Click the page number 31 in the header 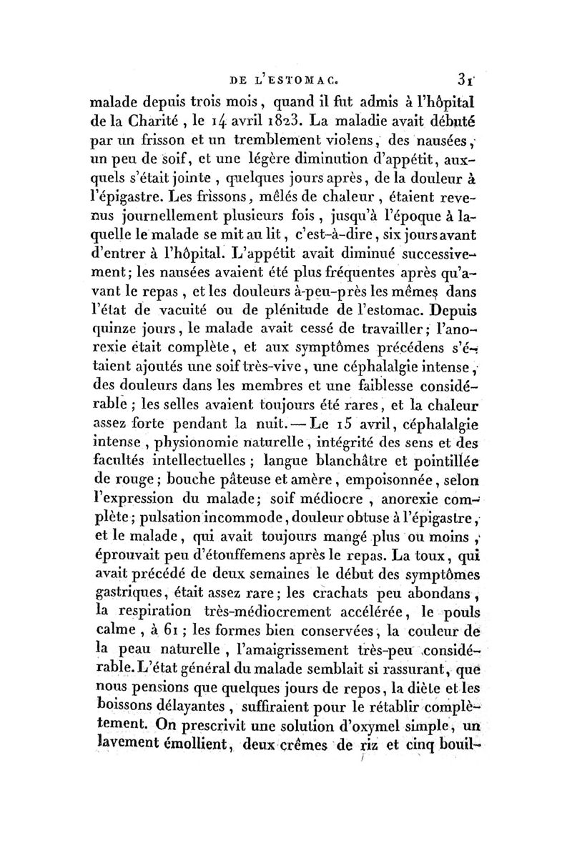coord(464,73)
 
